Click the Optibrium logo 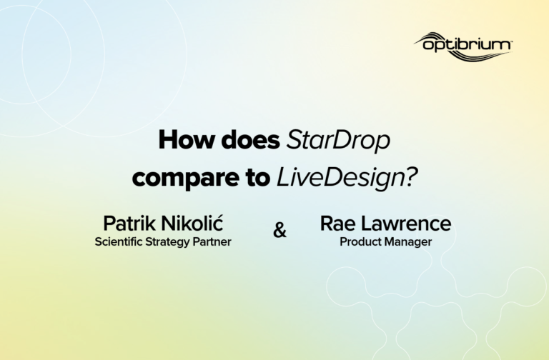[x=463, y=46]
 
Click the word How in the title [x=187, y=140]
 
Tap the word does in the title [x=251, y=140]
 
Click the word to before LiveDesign [x=256, y=178]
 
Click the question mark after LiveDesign [x=412, y=176]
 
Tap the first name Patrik [x=129, y=223]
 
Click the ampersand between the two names [x=280, y=230]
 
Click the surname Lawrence [x=406, y=224]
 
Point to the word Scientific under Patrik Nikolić [x=119, y=241]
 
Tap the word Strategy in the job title [x=167, y=242]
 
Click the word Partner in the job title [x=212, y=241]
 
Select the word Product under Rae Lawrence [x=357, y=241]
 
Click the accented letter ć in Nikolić [x=219, y=223]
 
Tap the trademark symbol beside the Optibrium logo [x=511, y=41]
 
